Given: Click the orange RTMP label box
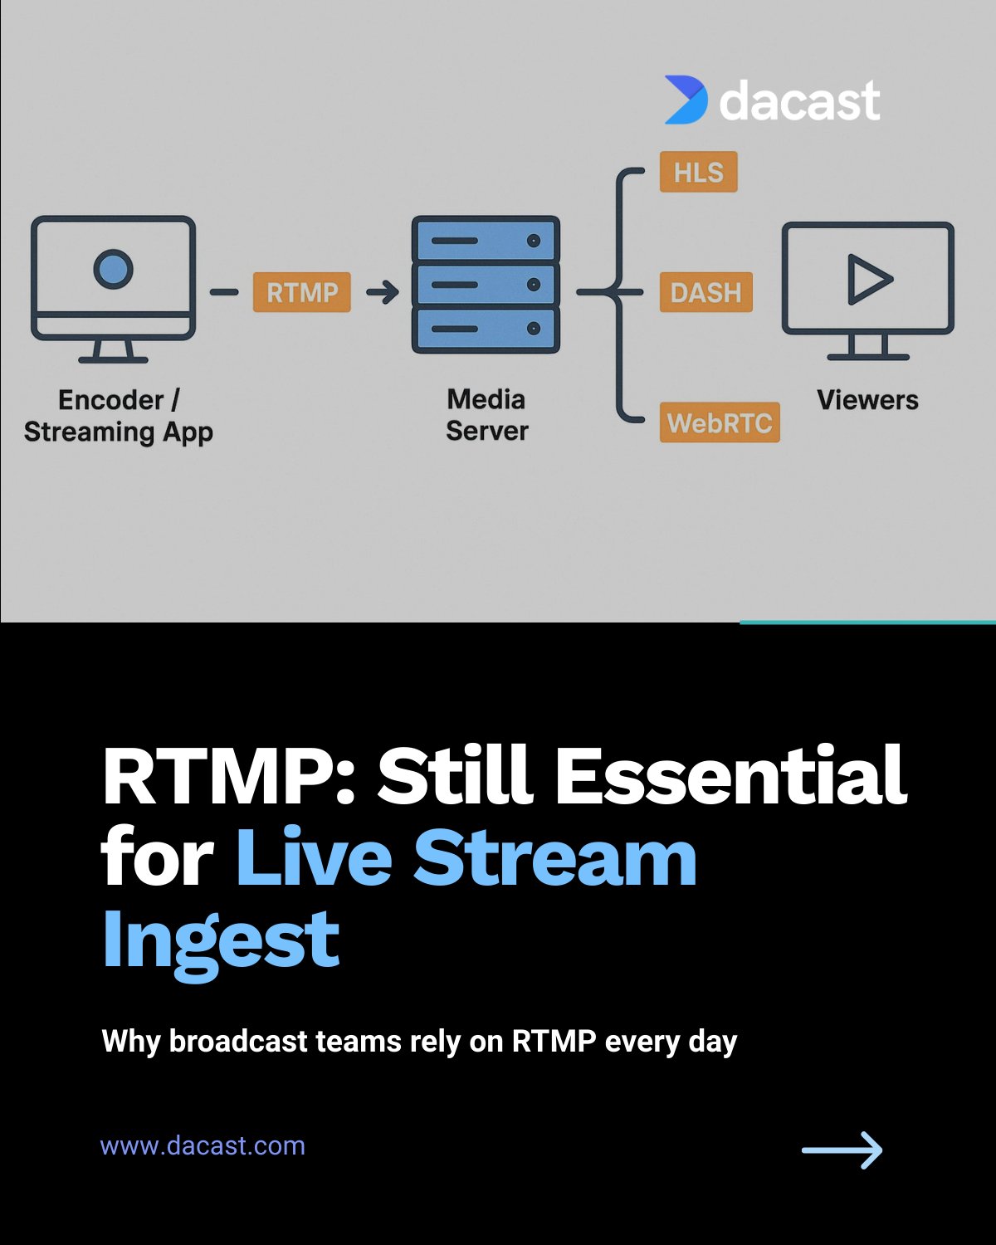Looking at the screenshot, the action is click(301, 292).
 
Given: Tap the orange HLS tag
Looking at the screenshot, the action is click(699, 172).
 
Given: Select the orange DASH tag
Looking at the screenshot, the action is click(706, 292).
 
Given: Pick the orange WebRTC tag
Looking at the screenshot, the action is click(720, 422).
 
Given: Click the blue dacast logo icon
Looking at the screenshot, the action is click(686, 100).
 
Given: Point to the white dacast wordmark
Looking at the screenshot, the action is click(799, 100).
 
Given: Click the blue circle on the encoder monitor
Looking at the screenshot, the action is click(114, 269).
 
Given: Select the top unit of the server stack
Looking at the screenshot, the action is click(486, 240).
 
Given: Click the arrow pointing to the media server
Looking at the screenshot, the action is click(383, 292).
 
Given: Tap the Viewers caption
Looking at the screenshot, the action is click(867, 400).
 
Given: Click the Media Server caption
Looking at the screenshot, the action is click(486, 415).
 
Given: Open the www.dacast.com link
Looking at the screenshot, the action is click(203, 1145).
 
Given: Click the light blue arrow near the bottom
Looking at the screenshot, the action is click(842, 1150).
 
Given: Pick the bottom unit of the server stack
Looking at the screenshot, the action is click(486, 330).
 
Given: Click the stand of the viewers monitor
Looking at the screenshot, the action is click(867, 347).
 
